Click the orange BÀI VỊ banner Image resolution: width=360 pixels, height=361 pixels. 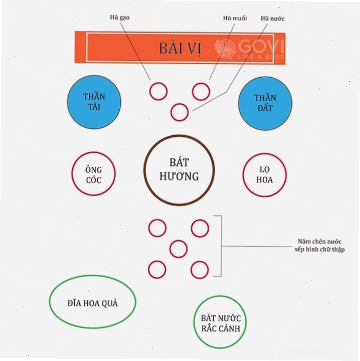[180, 48]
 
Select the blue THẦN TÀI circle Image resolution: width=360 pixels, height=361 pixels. [94, 102]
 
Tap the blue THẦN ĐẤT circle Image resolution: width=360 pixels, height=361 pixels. [265, 104]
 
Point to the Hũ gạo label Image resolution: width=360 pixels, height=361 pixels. [120, 17]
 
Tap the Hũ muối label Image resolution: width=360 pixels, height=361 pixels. [235, 18]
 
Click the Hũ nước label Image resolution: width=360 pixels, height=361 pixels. [273, 19]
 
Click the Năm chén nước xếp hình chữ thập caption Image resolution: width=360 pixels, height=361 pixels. [319, 246]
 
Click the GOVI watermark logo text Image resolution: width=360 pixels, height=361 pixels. [262, 46]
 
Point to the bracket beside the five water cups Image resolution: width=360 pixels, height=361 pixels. [222, 246]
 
